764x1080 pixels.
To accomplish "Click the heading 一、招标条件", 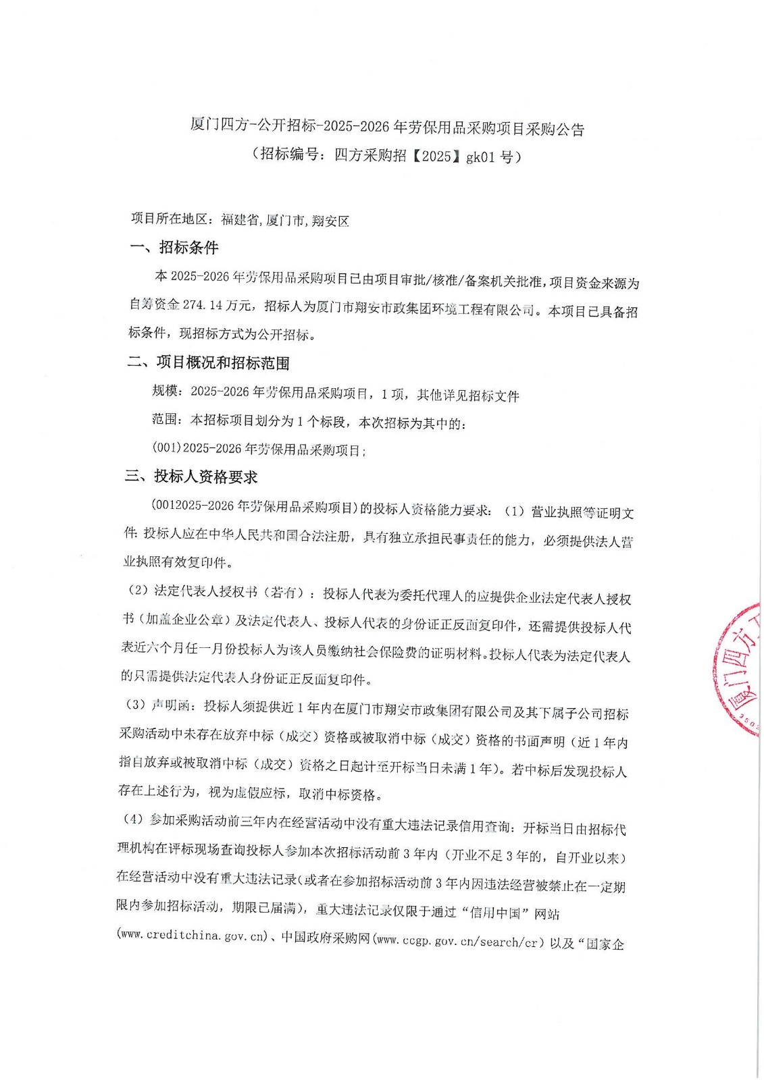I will tap(174, 248).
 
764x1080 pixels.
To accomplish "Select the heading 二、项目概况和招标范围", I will tap(208, 363).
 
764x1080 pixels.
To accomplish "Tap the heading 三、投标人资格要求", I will tap(191, 477).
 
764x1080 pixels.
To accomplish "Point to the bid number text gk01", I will tap(481, 157).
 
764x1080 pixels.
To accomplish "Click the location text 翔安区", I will tap(330, 221).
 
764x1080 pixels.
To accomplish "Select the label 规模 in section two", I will tap(166, 391).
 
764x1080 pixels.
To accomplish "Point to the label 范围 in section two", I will tap(166, 420).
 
